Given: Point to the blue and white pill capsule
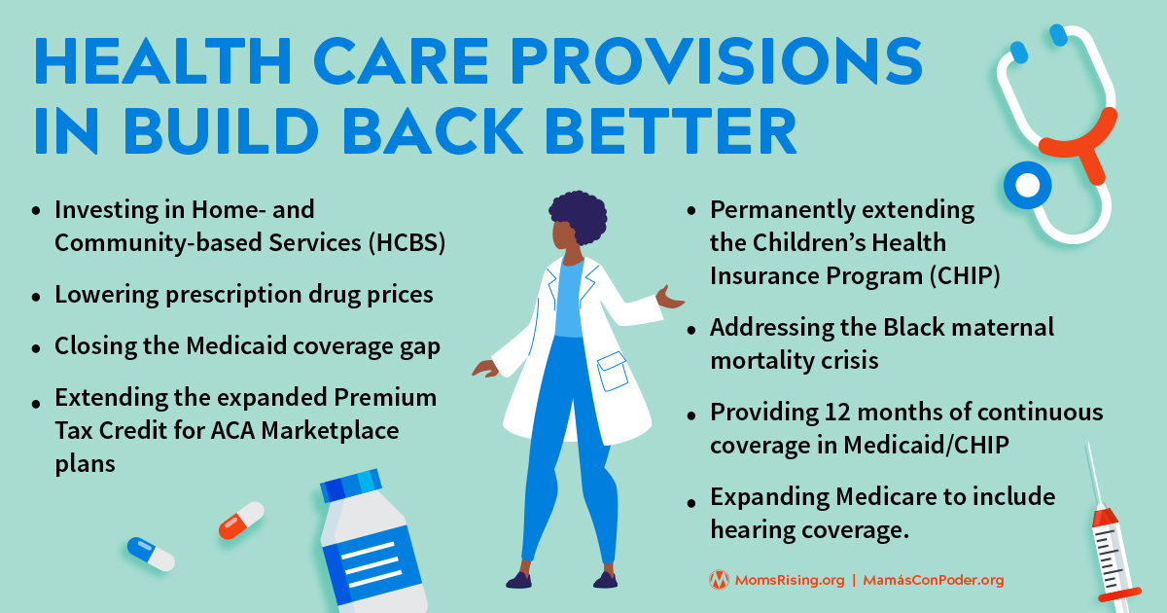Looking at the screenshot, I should (x=151, y=554).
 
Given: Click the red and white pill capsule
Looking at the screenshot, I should (x=240, y=520).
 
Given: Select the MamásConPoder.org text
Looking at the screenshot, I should (x=933, y=580).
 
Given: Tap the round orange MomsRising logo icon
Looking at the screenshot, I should (x=719, y=580).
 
